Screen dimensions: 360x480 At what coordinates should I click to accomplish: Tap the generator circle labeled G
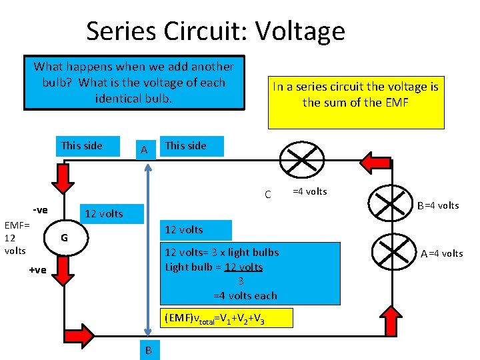(x=64, y=239)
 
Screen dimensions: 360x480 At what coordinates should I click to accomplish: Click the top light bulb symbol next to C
(x=297, y=161)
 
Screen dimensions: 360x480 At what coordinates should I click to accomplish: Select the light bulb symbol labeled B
(x=391, y=201)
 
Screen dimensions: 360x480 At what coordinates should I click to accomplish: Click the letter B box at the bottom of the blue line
(x=148, y=350)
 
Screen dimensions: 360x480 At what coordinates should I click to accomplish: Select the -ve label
(x=40, y=210)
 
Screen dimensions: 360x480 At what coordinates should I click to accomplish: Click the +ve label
(x=37, y=269)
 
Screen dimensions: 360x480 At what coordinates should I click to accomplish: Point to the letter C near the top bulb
(x=267, y=195)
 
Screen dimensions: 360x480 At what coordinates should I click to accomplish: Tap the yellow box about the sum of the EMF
(x=355, y=93)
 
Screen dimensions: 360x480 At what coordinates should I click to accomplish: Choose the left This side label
(x=82, y=145)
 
